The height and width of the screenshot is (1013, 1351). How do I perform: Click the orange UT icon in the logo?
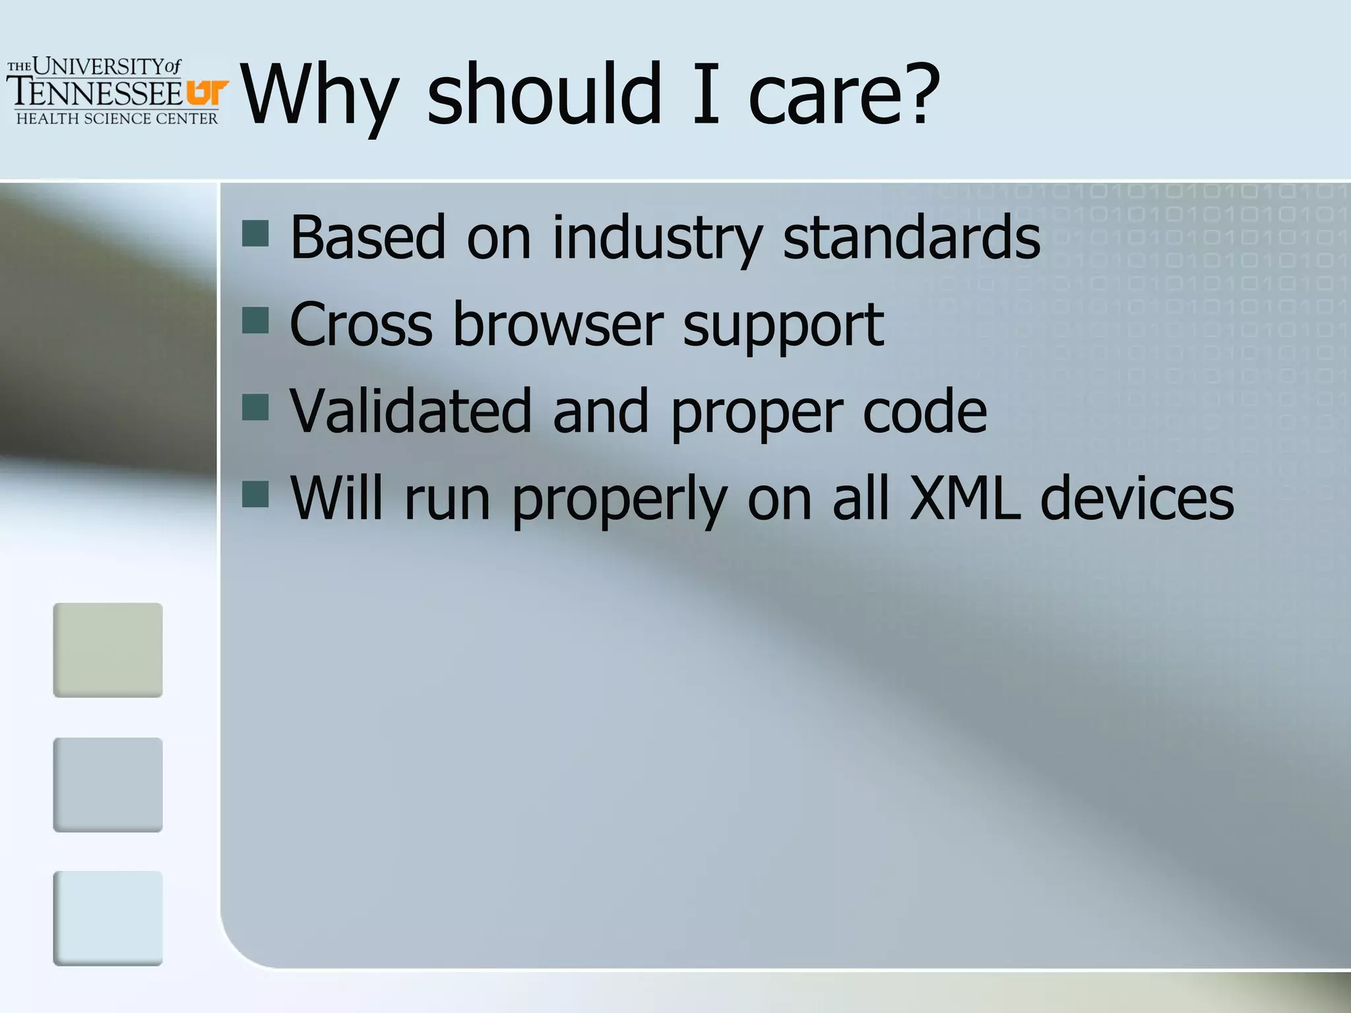pos(207,92)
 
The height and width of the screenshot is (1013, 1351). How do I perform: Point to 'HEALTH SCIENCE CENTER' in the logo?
pos(117,119)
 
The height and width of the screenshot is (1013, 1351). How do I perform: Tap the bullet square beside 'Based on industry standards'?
pos(255,233)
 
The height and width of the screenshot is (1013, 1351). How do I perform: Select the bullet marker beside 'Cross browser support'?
pos(255,320)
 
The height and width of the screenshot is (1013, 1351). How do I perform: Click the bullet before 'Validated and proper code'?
pos(255,407)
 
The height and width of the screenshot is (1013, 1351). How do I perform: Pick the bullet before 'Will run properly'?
pos(255,494)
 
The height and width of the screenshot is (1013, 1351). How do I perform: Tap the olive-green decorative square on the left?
pos(108,650)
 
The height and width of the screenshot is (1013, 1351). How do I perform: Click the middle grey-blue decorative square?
pos(108,784)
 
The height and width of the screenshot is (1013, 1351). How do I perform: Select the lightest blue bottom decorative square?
pos(108,918)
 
